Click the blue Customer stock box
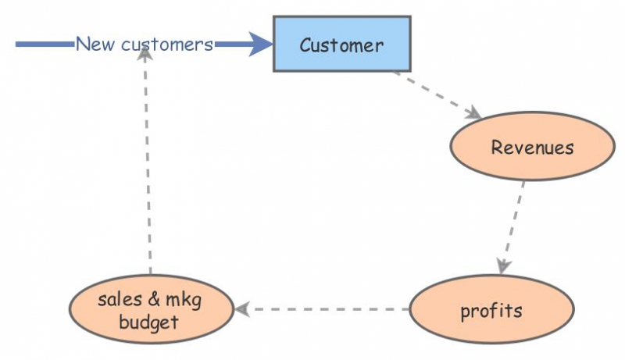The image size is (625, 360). pos(341,44)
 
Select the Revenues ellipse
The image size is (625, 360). pos(532,147)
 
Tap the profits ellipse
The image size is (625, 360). pos(491,310)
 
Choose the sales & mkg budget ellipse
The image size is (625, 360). pos(150,310)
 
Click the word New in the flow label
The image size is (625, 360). pos(96,45)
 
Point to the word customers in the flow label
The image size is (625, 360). pos(167,45)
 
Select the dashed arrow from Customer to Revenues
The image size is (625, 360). pos(434,94)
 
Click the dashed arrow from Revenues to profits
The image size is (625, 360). pos(512,223)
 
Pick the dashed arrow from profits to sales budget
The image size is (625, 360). pos(324,309)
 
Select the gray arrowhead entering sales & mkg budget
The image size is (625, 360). pos(243,309)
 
